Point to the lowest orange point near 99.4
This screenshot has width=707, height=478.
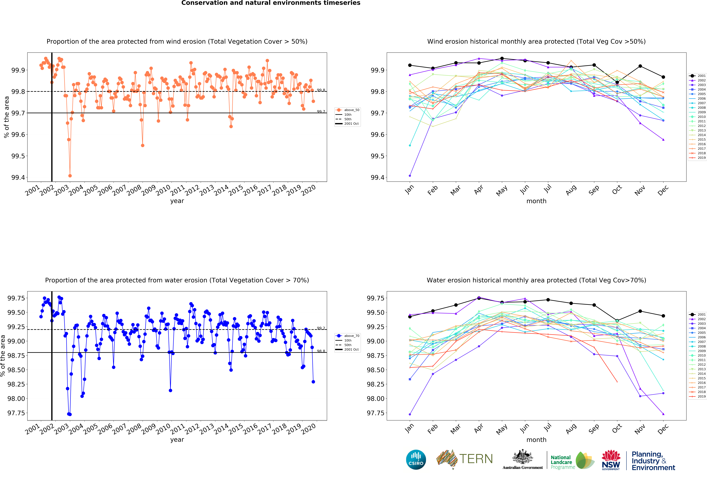70,176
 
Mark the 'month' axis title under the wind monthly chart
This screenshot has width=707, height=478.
536,201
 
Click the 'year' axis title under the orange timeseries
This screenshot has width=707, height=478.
177,201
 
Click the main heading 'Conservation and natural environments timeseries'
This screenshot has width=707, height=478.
271,3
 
